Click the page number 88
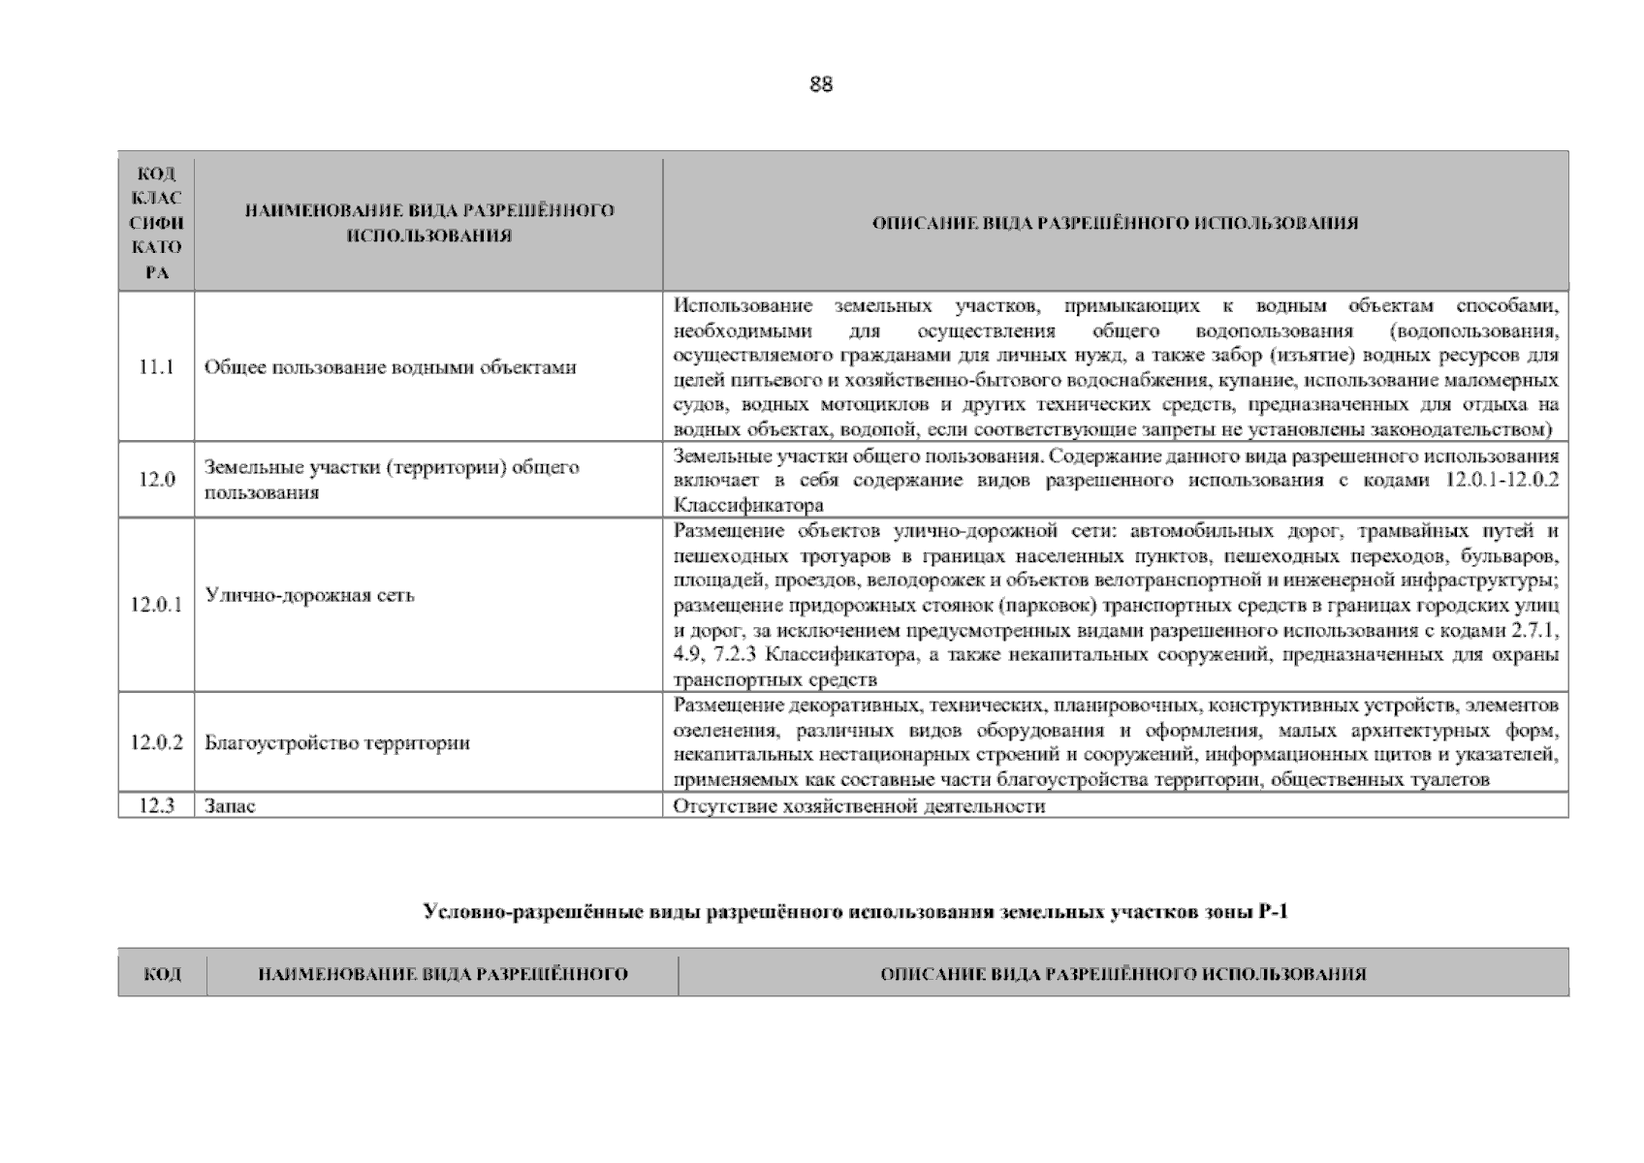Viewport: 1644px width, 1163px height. [x=820, y=84]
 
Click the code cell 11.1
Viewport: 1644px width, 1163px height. [x=156, y=367]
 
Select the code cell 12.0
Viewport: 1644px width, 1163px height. [x=156, y=480]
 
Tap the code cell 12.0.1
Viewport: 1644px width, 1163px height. [x=156, y=606]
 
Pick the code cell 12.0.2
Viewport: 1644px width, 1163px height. [x=156, y=743]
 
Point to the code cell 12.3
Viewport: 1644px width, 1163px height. [x=156, y=806]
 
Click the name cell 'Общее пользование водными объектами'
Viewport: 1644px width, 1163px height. [x=390, y=367]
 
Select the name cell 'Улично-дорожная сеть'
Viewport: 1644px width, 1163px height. [x=309, y=595]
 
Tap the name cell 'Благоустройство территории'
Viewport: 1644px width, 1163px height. [x=337, y=743]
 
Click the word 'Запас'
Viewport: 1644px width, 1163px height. [x=230, y=806]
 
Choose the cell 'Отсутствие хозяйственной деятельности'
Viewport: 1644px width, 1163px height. [x=859, y=806]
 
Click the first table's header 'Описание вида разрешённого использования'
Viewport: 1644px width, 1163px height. [x=1115, y=223]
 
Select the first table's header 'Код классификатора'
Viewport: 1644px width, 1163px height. [x=156, y=223]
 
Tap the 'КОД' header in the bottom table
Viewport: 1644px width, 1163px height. [x=162, y=974]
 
